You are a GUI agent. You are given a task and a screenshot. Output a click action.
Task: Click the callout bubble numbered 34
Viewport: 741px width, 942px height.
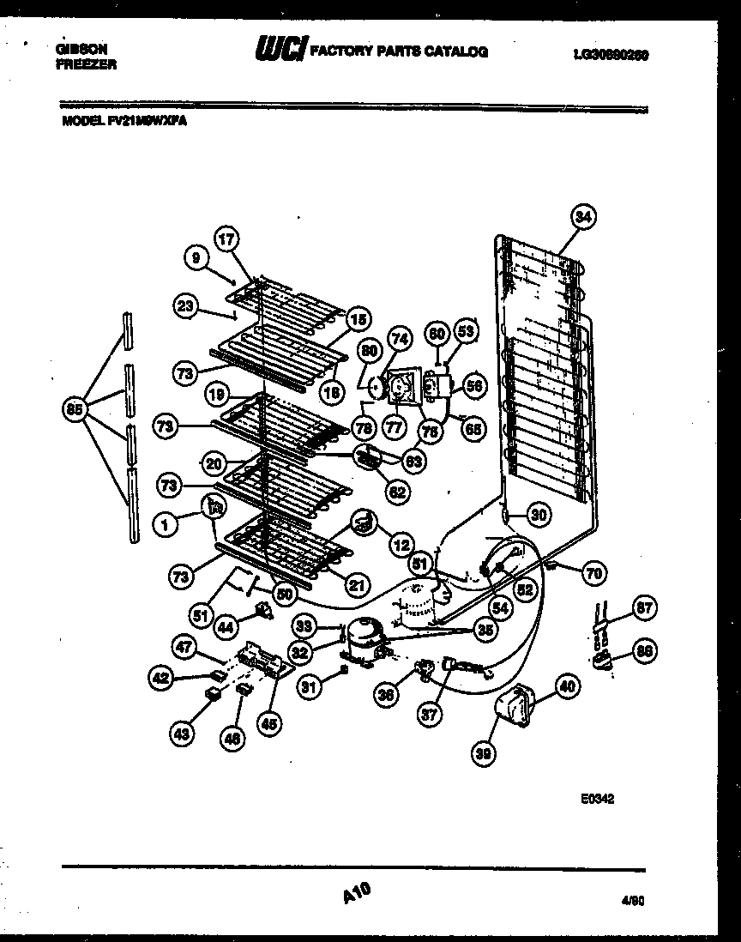582,219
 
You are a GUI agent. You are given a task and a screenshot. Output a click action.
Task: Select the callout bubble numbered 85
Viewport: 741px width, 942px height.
75,411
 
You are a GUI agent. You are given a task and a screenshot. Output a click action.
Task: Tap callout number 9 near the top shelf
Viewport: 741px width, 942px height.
196,256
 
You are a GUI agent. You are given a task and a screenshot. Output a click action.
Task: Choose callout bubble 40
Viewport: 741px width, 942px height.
566,685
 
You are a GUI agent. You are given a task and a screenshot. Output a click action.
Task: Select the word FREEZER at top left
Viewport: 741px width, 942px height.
86,64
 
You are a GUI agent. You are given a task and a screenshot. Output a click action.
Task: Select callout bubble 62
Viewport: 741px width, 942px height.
397,492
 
